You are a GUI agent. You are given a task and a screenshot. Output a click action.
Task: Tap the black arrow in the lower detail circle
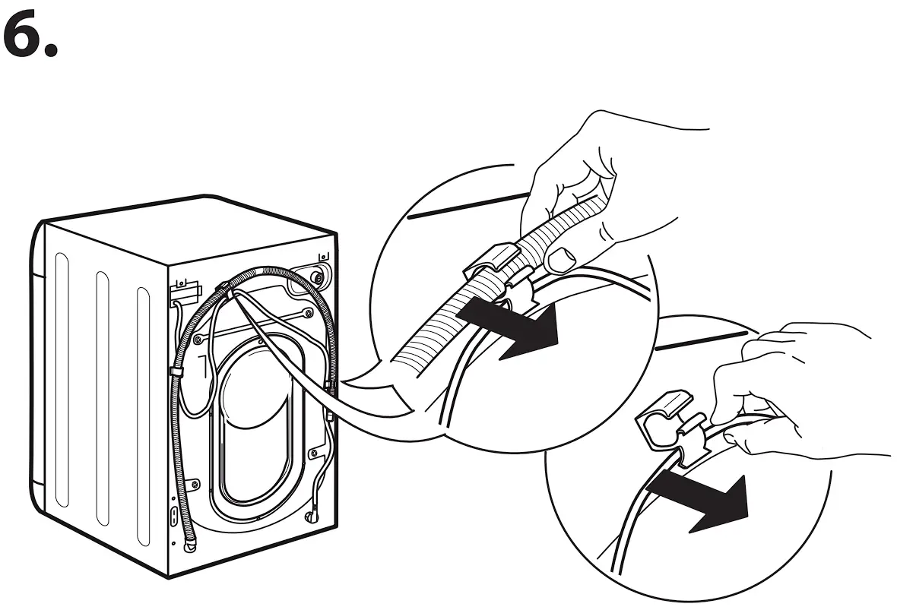point(703,501)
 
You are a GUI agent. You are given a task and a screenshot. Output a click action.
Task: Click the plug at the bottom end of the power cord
point(312,517)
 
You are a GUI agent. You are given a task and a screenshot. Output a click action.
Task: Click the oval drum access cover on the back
point(254,425)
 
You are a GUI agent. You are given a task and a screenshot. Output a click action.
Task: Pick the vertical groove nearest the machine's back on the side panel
point(144,410)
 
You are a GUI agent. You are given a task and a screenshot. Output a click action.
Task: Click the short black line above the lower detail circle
point(699,339)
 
